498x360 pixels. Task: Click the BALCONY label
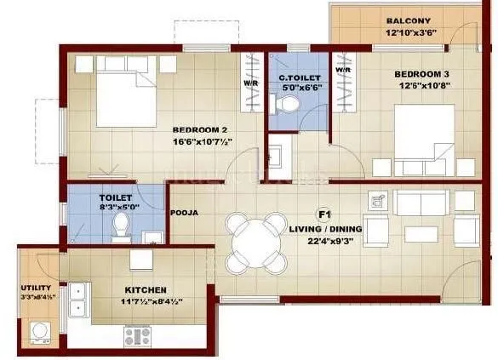[x=408, y=20]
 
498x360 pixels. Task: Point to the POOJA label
[x=185, y=213]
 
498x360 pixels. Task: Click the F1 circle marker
[x=323, y=213]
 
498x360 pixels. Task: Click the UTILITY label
[x=37, y=288]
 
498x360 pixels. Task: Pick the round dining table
[x=256, y=241]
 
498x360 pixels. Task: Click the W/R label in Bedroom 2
[x=253, y=83]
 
